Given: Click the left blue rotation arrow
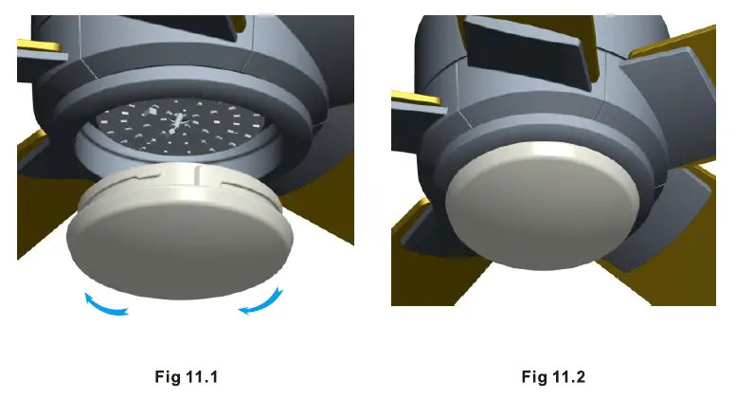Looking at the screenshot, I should click(102, 305).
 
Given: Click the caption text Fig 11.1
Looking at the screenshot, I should click(187, 377).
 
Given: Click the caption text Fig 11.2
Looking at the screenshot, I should click(553, 377).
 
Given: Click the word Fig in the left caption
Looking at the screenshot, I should click(167, 377).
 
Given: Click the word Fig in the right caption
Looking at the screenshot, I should click(533, 377).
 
